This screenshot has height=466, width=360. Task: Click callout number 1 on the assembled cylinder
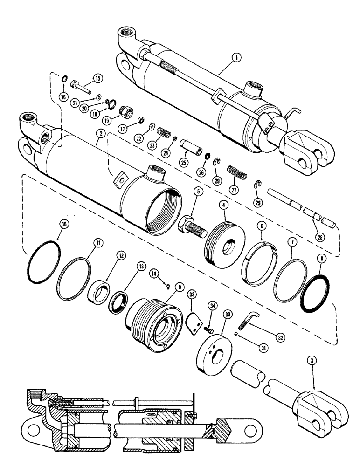pyautogui.click(x=238, y=58)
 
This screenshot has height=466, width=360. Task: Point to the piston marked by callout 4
pyautogui.click(x=223, y=238)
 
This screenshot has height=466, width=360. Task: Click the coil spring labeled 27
pyautogui.click(x=237, y=173)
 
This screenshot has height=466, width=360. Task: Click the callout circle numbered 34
pyautogui.click(x=214, y=306)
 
